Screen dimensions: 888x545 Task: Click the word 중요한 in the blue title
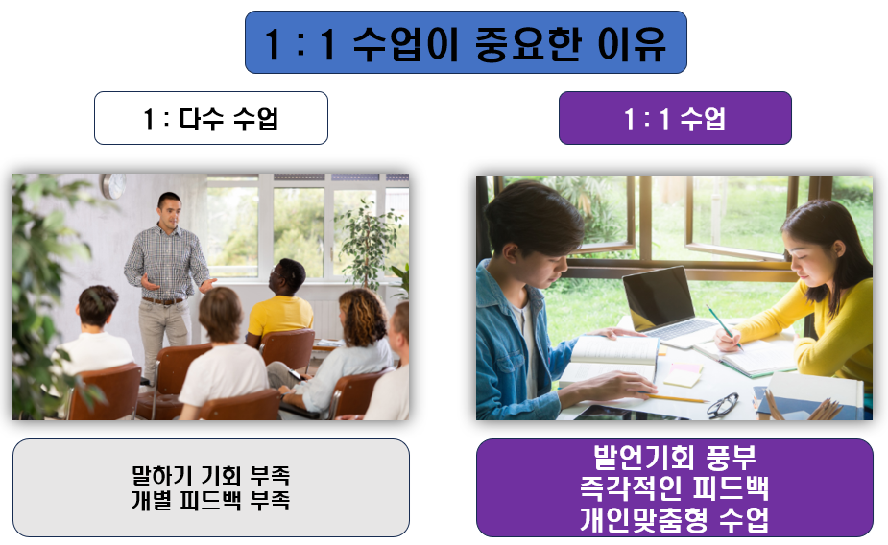528,43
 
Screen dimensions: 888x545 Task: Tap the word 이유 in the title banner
632,43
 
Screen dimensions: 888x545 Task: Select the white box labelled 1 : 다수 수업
210,118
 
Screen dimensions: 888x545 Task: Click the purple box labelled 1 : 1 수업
675,118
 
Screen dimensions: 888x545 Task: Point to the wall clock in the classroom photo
114,185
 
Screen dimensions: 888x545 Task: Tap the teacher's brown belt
163,300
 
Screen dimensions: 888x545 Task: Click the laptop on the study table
668,306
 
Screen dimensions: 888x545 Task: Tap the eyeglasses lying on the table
723,405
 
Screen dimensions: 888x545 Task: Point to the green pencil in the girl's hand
724,327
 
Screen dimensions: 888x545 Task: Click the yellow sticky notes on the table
684,374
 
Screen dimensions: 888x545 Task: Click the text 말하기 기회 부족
210,475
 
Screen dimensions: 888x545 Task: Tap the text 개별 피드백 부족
210,500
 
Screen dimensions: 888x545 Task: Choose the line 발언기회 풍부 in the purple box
674,458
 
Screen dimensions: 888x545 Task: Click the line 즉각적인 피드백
674,488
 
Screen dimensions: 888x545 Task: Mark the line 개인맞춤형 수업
674,519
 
